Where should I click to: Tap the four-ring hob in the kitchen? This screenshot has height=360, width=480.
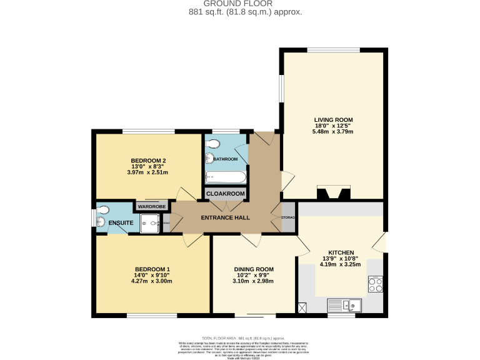pyautogui.click(x=375, y=284)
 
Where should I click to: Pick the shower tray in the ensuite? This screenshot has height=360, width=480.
pyautogui.click(x=149, y=223)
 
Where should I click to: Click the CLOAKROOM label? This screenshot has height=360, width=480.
pyautogui.click(x=226, y=194)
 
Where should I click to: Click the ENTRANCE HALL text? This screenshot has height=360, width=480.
pyautogui.click(x=225, y=217)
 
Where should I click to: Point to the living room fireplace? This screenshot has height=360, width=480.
pyautogui.click(x=332, y=192)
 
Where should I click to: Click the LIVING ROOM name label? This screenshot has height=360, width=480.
pyautogui.click(x=333, y=119)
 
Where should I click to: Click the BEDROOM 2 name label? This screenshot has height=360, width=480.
pyautogui.click(x=148, y=161)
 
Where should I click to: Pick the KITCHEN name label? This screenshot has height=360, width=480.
pyautogui.click(x=341, y=252)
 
